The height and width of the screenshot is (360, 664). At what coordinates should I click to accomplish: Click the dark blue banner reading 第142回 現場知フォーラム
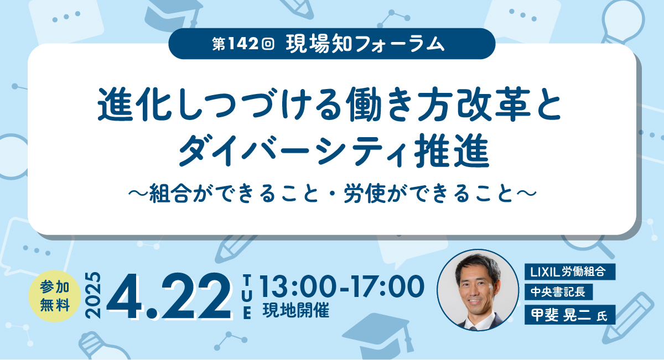click(331, 44)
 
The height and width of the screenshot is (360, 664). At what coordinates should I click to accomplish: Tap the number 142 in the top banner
click(243, 44)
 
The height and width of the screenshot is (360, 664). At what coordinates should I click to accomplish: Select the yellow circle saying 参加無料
click(55, 296)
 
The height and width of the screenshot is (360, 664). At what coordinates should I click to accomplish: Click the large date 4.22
click(169, 296)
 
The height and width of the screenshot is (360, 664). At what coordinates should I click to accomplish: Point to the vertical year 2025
click(93, 295)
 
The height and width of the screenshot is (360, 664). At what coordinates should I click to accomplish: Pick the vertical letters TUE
click(247, 296)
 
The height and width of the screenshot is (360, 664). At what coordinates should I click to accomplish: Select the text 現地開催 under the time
click(296, 311)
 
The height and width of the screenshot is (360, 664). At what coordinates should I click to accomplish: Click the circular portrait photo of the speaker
click(478, 290)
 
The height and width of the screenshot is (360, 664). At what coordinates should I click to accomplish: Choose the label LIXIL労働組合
click(570, 272)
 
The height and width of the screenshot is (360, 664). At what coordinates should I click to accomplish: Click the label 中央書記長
click(558, 292)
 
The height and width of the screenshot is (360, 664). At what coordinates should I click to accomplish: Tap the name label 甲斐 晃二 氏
click(570, 314)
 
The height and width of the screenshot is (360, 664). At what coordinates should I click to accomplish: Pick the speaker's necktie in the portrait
click(473, 328)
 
